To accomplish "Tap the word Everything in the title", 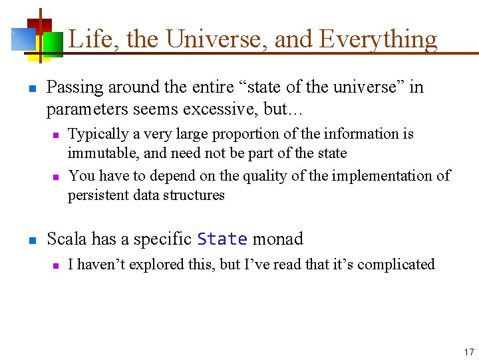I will [378, 39].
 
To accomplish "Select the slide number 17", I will [468, 351].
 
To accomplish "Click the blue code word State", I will [222, 239].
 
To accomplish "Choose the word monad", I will [278, 239].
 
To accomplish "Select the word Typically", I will [98, 134].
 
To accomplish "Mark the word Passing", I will [75, 87].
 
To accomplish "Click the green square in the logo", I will [53, 45].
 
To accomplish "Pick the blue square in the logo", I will [23, 40].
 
